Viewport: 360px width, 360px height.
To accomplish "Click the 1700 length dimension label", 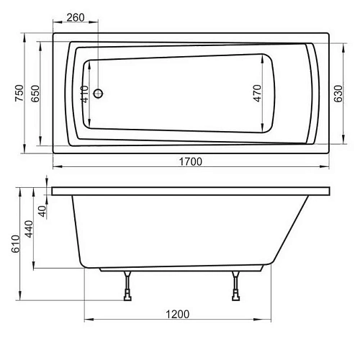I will point(189,161).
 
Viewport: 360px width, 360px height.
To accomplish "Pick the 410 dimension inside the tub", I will point(85,94).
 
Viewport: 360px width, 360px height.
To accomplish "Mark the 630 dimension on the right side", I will point(337,92).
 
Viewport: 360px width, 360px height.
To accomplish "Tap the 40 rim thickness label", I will point(42,211).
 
